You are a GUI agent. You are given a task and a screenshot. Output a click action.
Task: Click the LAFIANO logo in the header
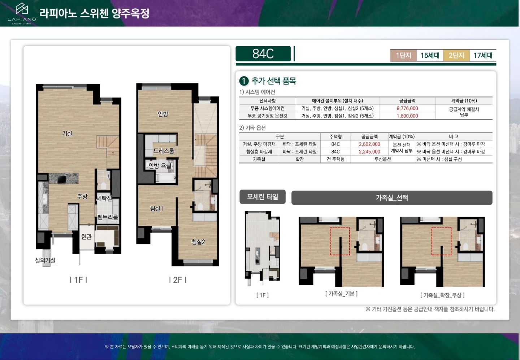click(22, 13)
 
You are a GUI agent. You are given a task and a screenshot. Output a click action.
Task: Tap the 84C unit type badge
click(263, 53)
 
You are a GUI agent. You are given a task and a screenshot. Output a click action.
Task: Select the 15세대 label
click(430, 56)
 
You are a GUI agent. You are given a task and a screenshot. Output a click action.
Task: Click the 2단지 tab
click(456, 56)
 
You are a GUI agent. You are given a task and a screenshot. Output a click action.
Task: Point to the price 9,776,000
click(407, 108)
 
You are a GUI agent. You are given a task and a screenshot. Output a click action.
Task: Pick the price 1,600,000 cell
click(407, 116)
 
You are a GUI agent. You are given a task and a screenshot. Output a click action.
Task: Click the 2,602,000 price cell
click(369, 144)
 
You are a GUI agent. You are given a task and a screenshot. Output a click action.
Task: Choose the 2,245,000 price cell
click(369, 152)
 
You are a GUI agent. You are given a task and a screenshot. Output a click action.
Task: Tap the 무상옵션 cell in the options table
click(382, 159)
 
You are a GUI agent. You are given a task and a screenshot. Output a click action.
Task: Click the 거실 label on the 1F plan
click(67, 133)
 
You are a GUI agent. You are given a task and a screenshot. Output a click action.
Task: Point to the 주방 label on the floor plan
click(82, 196)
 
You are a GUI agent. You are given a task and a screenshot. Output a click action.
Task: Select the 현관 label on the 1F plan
click(86, 237)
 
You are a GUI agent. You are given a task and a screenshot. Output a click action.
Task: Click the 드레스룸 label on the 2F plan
click(164, 151)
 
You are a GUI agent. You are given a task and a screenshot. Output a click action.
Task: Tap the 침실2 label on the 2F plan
click(198, 242)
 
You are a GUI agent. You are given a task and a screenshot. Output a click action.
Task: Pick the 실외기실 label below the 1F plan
click(45, 260)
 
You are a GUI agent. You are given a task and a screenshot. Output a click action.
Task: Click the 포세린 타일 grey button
click(263, 197)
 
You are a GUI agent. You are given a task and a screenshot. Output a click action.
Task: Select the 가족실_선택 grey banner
click(392, 198)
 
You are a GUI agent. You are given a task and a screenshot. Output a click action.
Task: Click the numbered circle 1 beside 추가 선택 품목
click(244, 81)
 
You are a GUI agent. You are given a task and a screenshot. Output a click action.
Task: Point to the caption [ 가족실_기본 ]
click(341, 294)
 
